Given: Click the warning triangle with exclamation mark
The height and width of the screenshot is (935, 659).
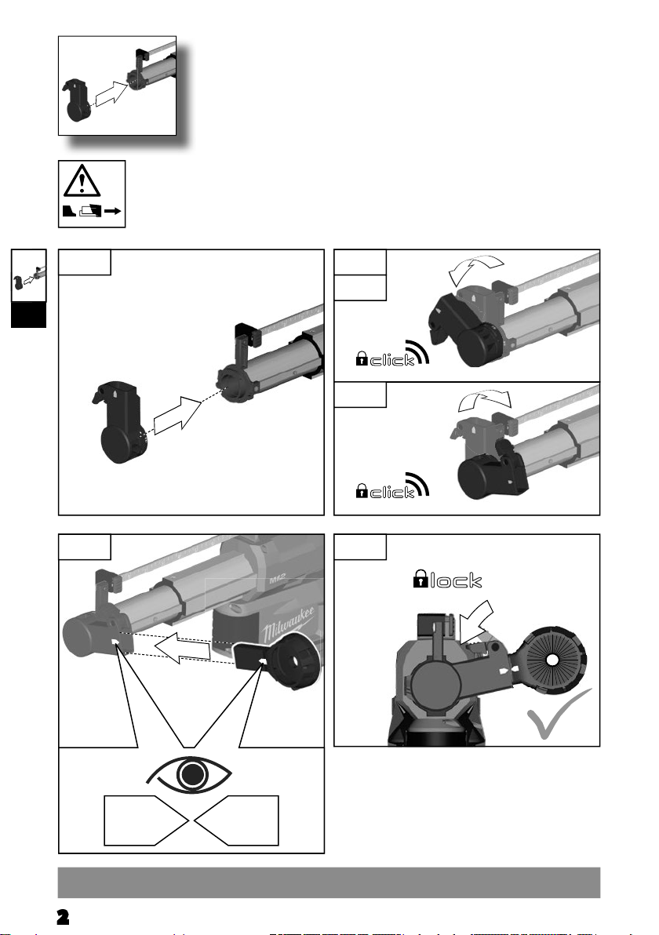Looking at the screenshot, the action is [82, 181].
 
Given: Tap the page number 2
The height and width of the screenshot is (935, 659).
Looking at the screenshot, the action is [63, 916].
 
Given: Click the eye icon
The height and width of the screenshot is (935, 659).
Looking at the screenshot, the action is [190, 774].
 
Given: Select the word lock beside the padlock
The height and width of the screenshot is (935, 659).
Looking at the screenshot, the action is [457, 580].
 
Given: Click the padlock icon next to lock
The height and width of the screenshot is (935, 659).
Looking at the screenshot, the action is [421, 579].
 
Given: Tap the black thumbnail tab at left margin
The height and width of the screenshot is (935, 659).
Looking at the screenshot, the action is [28, 315].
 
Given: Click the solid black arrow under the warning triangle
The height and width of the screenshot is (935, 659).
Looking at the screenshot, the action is [113, 211].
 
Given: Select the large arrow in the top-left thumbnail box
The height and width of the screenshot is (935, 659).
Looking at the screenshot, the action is [111, 93].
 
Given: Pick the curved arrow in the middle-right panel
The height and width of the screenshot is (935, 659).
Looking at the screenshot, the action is [484, 401].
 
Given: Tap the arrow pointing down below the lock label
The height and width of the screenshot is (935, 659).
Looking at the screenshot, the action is [477, 623].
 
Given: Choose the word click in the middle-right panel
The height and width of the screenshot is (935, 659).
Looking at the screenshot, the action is [392, 492].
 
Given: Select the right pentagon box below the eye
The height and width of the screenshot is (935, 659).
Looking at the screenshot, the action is [237, 820].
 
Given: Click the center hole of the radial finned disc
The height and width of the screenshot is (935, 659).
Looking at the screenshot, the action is [552, 660].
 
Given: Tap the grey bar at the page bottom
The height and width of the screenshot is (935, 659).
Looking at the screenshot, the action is [329, 882].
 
